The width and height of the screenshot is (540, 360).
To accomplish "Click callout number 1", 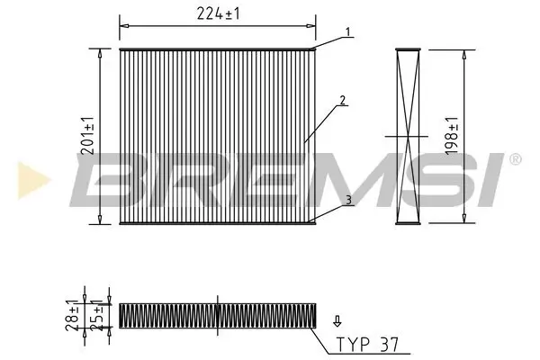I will pos(345,32).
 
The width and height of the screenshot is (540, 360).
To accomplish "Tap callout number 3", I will pos(345,204).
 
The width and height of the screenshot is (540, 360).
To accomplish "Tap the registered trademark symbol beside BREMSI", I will pos(514,160).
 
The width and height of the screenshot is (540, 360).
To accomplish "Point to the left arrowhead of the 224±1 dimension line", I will pos(123,26).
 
